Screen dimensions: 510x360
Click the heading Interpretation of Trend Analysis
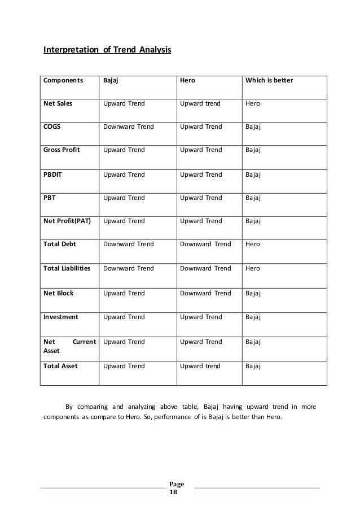[x=107, y=51]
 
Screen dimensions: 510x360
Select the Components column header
[x=62, y=80]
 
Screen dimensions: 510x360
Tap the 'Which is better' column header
[x=269, y=80]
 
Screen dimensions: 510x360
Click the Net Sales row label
[x=58, y=104]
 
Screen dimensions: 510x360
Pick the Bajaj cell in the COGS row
[x=128, y=127]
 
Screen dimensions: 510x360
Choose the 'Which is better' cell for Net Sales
[x=253, y=104]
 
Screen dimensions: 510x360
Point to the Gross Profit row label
[x=62, y=150]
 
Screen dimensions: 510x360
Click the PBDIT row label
[x=53, y=175]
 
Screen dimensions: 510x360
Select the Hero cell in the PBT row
[x=201, y=198]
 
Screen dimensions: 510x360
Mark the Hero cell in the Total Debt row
[x=205, y=245]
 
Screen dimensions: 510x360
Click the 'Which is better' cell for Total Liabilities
[x=253, y=268]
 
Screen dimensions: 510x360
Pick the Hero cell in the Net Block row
[x=205, y=293]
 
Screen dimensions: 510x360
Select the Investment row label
[x=60, y=317]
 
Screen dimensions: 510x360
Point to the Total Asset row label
[x=60, y=366]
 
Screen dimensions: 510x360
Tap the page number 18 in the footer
[x=173, y=492]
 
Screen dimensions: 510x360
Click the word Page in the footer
[x=177, y=485]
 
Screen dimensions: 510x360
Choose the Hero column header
[x=187, y=80]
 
